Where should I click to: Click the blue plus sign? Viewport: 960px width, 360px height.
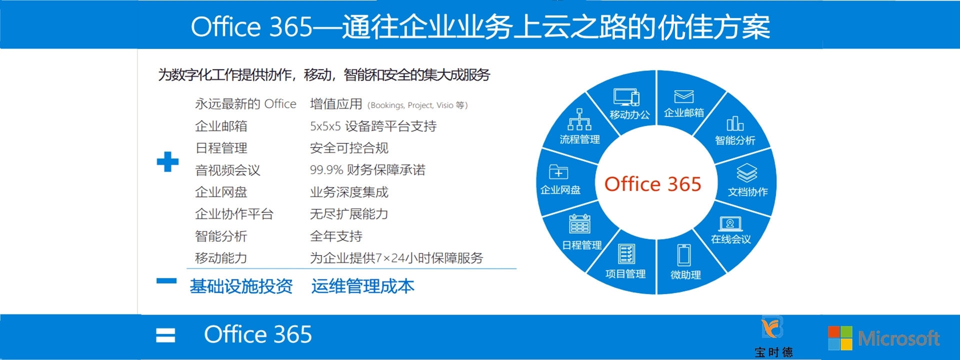coord(167,161)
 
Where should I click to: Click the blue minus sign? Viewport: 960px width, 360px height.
coord(166,281)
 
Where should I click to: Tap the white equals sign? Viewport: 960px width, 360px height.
coord(165,335)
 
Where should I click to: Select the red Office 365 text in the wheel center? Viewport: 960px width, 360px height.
coord(652,184)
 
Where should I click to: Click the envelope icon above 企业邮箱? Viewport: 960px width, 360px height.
coord(683,96)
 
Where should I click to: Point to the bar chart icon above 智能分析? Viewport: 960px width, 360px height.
coord(735,123)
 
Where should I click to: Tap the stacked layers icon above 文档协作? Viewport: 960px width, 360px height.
coord(747,173)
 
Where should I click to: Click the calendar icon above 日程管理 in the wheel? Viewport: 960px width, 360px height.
coord(579,224)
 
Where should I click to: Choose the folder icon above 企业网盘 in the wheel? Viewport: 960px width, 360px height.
coord(558,171)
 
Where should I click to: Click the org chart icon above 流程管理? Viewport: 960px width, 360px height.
coord(579,119)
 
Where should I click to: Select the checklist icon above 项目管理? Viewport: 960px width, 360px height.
coord(626,254)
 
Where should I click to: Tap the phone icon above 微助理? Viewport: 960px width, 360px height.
coord(684,255)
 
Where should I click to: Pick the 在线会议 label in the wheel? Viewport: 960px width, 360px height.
coord(731,239)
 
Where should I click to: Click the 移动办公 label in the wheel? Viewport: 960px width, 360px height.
coord(629,114)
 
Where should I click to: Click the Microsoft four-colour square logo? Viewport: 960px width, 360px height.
coord(840,338)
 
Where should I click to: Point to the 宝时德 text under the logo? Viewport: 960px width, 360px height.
coord(773,352)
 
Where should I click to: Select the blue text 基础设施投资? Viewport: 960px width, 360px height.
coord(241,286)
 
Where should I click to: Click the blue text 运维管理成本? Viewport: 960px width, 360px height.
coord(362,286)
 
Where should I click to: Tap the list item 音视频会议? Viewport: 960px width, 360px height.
coord(227,170)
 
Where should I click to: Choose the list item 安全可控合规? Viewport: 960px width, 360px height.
coord(349,148)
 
